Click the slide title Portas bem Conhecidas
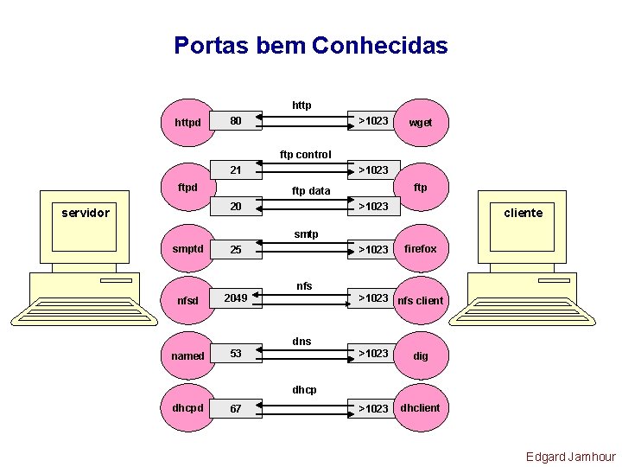310,45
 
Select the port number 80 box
236,121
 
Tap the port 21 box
236,170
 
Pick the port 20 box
236,207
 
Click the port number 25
236,250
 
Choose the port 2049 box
236,298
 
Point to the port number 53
236,354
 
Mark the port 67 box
236,408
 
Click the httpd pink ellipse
188,122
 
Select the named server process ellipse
188,355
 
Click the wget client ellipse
421,122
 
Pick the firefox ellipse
421,249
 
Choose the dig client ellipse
421,355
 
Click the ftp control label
305,155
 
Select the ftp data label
311,190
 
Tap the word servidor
86,213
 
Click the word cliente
523,213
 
